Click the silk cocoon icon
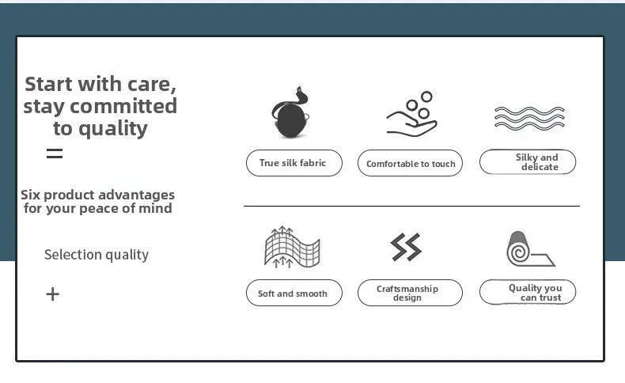click(x=290, y=113)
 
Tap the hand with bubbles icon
click(x=411, y=115)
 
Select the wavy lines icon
click(x=529, y=119)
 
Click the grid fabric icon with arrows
click(x=292, y=247)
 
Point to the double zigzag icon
click(x=406, y=247)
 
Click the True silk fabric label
click(x=294, y=163)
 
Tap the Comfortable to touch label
click(x=410, y=163)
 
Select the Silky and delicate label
click(x=528, y=161)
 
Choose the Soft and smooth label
click(x=294, y=293)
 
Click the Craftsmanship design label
click(x=410, y=293)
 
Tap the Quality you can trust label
click(x=528, y=292)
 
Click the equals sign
click(x=55, y=154)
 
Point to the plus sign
click(x=53, y=294)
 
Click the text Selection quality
click(x=97, y=255)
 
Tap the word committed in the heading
click(x=123, y=106)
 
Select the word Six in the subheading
click(x=30, y=195)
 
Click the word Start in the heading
click(x=49, y=84)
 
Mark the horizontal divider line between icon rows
click(x=411, y=206)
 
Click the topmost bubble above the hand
click(x=426, y=97)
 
